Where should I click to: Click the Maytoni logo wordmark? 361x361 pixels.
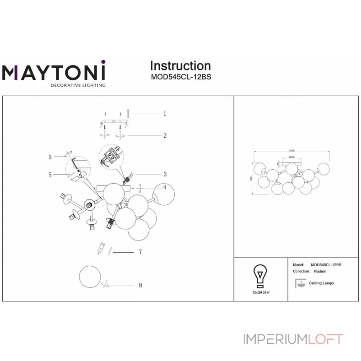pyautogui.click(x=54, y=72)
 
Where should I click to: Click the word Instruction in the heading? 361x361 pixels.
pyautogui.click(x=180, y=66)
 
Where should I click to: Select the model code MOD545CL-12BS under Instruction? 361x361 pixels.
pyautogui.click(x=180, y=77)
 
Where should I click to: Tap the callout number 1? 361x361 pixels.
pyautogui.click(x=165, y=114)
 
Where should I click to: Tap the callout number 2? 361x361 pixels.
pyautogui.click(x=165, y=135)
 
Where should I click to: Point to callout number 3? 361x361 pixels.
pyautogui.click(x=165, y=174)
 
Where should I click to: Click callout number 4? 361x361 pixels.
pyautogui.click(x=165, y=187)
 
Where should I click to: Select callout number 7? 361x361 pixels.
pyautogui.click(x=140, y=252)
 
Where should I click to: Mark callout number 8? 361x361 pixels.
pyautogui.click(x=140, y=286)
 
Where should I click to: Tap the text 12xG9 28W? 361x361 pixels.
pyautogui.click(x=260, y=292)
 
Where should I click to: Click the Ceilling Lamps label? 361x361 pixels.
pyautogui.click(x=321, y=283)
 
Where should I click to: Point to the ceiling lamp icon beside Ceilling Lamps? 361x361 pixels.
pyautogui.click(x=299, y=283)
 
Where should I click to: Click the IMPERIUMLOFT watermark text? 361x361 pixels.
pyautogui.click(x=293, y=339)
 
